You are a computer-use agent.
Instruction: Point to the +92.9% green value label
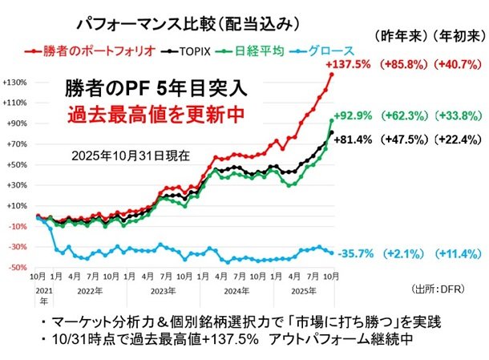pos(354,115)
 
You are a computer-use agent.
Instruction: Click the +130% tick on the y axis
pos(15,82)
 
